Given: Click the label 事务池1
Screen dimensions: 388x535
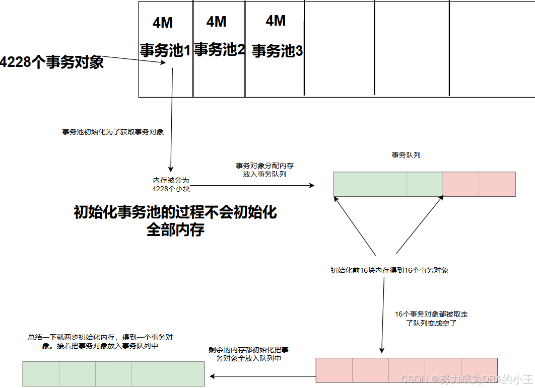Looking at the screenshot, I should tap(165, 50).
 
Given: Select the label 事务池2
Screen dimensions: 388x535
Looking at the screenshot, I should tap(220, 49).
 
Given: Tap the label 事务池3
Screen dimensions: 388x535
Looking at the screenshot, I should tap(277, 51).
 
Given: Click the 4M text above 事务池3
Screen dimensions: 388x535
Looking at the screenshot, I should tap(276, 21).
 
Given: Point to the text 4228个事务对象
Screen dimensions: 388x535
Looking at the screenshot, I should tap(51, 62).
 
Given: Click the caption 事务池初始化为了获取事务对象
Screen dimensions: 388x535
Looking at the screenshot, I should tap(113, 132).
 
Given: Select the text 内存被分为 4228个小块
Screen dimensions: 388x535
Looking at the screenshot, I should tap(171, 184).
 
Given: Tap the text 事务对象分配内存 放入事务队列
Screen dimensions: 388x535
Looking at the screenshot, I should tap(264, 170).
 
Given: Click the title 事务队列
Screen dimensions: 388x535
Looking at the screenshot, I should tap(406, 155).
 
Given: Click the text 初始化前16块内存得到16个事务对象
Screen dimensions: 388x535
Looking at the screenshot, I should tap(389, 270).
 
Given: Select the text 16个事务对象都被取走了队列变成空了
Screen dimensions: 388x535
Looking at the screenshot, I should tap(431, 319).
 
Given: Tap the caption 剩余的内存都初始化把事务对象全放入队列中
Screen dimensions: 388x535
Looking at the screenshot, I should tap(248, 354).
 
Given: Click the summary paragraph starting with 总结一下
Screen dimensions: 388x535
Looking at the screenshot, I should tap(104, 342).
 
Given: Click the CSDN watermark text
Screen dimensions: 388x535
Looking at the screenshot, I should tap(466, 378).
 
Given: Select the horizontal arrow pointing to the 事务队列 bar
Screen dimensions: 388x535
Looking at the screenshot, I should tap(252, 186).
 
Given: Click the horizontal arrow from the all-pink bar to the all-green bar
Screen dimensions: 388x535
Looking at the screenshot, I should tap(262, 376).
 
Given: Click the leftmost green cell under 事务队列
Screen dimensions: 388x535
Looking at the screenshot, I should tap(352, 184).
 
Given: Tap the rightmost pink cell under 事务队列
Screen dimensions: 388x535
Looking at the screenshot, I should tap(497, 184).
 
